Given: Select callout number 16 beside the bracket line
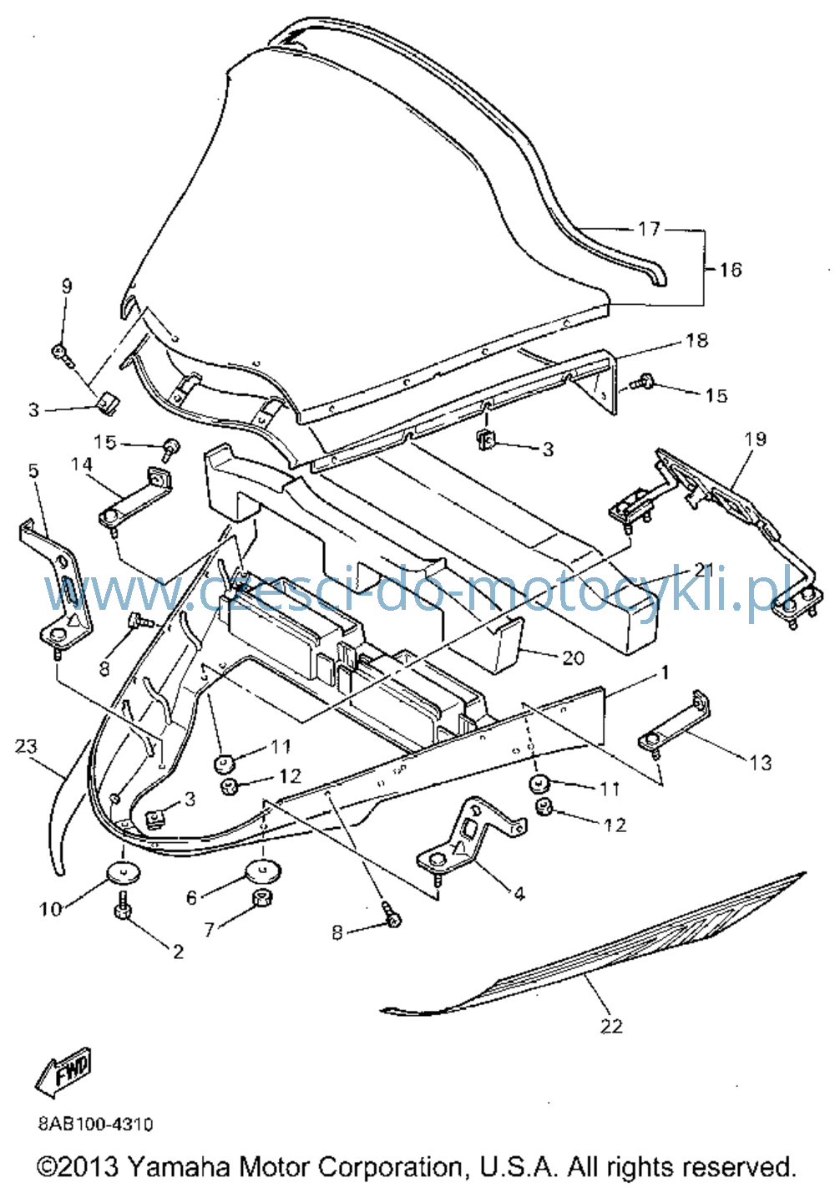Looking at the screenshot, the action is click(730, 270).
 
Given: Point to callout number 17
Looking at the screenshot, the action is click(649, 229).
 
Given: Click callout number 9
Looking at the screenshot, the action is click(66, 287).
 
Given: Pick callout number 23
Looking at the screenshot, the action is click(27, 746).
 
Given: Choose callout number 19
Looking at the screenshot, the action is click(755, 439).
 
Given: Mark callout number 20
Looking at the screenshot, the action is click(573, 657).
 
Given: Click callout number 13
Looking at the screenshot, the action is click(760, 763).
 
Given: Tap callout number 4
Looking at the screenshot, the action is click(519, 894).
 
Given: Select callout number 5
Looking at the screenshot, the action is click(34, 470).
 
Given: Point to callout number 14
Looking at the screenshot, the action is click(81, 465).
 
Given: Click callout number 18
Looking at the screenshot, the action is click(696, 340).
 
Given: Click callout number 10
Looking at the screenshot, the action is click(50, 910).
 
